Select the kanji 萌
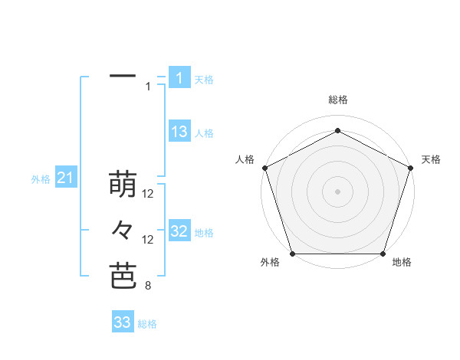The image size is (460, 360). coord(123,185)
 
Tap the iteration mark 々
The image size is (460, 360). coord(123,229)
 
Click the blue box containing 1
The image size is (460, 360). coord(179,77)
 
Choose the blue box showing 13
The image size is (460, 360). coord(179,132)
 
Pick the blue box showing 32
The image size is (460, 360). coord(179,231)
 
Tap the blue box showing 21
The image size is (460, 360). coord(66,178)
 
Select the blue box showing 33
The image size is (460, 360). coord(123,322)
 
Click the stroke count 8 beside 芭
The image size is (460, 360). coord(148,286)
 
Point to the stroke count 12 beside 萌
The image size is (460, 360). coord(148,195)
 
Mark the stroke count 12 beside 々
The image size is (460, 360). coord(148,240)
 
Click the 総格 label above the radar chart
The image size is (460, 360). coord(338,100)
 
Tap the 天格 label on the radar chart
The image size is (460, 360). coord(431,159)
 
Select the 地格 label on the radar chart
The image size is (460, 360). coord(402,263)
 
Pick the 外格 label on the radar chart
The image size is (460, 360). coord(270,263)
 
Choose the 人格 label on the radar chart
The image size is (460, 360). coord(245,159)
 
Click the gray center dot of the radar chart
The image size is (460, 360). coord(337,191)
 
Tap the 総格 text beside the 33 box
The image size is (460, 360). coord(147,324)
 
